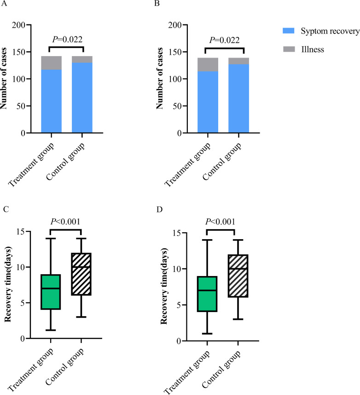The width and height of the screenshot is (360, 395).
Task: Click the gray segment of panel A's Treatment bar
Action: tap(51, 63)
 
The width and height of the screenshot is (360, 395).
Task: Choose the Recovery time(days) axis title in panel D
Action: tap(164, 293)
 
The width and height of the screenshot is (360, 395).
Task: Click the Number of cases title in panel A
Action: tap(5, 79)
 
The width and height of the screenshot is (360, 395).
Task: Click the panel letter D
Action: tap(159, 211)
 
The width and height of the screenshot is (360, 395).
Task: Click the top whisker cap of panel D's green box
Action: tap(207, 240)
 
